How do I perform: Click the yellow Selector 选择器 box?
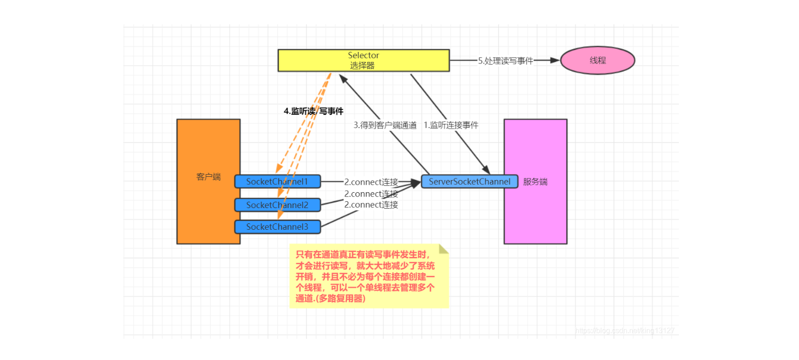coord(364,60)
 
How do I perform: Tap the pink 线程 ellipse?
coord(597,60)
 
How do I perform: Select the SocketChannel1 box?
coord(277,182)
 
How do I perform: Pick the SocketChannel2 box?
coord(277,205)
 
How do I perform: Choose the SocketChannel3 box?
coord(277,227)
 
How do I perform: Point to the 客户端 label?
coord(208,177)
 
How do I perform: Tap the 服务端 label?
coord(535,182)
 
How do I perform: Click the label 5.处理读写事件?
coord(505,60)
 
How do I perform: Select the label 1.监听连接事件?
coord(451,125)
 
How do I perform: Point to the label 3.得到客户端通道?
coord(385,125)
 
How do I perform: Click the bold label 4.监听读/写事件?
coord(314,111)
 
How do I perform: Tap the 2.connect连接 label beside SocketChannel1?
coord(371,182)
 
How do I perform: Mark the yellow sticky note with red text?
coord(369,276)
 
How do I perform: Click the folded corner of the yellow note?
coord(443,249)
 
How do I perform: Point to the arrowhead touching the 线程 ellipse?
coord(555,60)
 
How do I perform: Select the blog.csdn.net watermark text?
coord(624,331)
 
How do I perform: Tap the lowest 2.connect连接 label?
coord(371,205)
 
